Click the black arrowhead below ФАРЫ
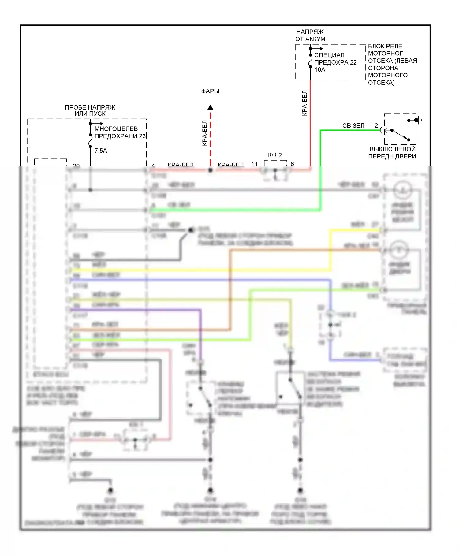click(x=210, y=108)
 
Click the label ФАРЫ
click(x=210, y=91)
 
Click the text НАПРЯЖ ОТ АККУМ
click(x=310, y=35)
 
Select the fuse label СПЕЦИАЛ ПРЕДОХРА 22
click(x=335, y=59)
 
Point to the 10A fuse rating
click(x=320, y=70)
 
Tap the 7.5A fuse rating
click(x=101, y=151)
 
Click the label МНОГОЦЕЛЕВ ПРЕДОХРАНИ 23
click(x=120, y=132)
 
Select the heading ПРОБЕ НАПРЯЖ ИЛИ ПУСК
click(x=90, y=110)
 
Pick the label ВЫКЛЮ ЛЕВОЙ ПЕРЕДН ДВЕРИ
click(x=392, y=153)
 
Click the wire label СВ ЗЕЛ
click(x=353, y=126)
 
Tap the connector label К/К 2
click(x=275, y=155)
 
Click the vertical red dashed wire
click(x=210, y=138)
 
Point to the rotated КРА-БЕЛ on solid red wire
click(x=304, y=103)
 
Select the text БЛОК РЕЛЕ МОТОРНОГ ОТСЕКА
click(x=392, y=64)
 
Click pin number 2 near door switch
click(x=376, y=126)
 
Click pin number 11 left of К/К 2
click(x=255, y=164)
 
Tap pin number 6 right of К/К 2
click(x=292, y=164)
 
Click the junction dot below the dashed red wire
click(x=210, y=170)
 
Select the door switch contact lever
click(x=400, y=135)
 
